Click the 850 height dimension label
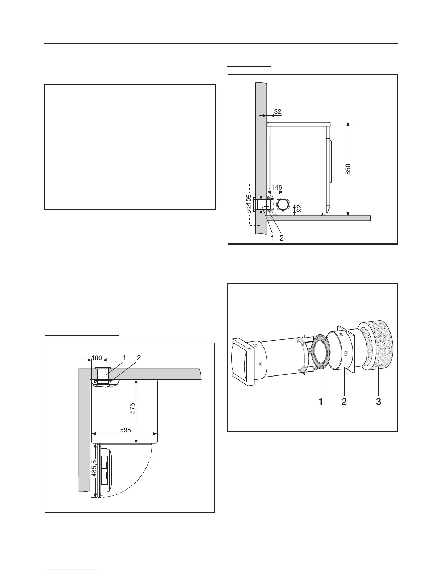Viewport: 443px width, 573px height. point(348,169)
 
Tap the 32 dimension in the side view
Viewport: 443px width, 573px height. point(278,112)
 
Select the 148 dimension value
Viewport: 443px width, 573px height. point(277,187)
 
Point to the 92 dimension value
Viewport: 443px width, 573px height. point(299,209)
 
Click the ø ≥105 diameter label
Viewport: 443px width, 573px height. point(249,204)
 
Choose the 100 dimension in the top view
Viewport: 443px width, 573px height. point(97,358)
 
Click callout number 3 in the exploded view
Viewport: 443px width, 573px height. point(378,402)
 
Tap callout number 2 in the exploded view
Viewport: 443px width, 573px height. point(344,402)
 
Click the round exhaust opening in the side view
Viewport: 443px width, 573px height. point(283,204)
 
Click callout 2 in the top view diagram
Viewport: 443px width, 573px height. point(139,358)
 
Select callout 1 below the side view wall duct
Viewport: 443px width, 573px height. point(271,238)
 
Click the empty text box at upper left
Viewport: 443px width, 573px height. point(130,147)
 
